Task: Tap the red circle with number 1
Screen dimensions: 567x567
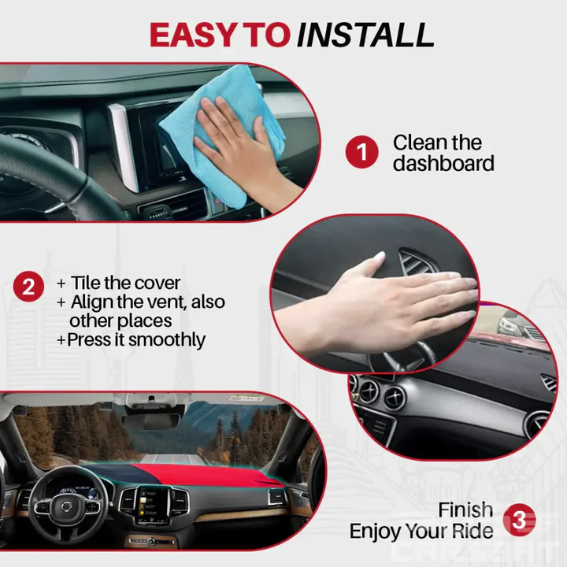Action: (x=361, y=152)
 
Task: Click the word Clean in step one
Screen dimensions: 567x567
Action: (x=421, y=143)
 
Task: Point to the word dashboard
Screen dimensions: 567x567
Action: (x=443, y=164)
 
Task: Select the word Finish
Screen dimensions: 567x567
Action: (x=465, y=510)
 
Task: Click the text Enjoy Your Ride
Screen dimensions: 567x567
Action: (x=421, y=531)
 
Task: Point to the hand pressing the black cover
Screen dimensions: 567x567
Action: (x=370, y=299)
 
